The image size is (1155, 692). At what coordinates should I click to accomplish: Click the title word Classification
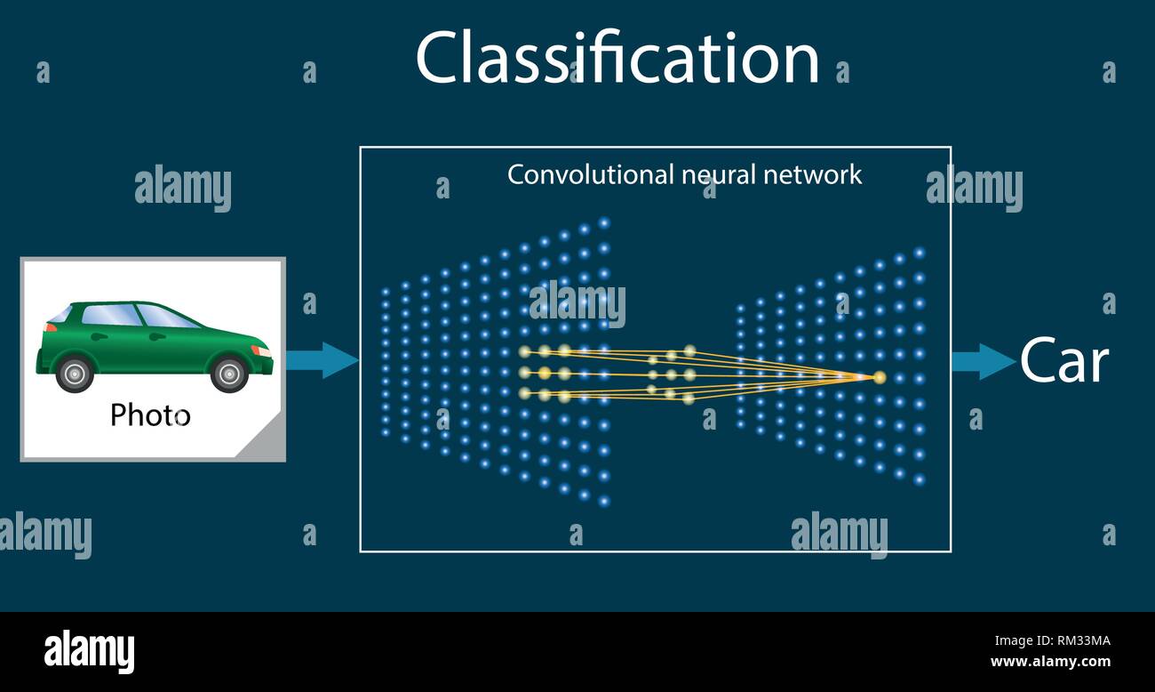[617, 59]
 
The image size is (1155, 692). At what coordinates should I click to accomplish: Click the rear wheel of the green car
[75, 373]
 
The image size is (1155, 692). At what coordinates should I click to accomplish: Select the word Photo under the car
[149, 414]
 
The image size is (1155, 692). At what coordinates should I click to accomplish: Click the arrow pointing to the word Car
[983, 361]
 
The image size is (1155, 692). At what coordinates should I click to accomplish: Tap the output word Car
[1063, 361]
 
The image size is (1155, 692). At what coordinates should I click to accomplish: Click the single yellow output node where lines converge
[880, 378]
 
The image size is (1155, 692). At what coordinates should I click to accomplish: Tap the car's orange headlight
[262, 350]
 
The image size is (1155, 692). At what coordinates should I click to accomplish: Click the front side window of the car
[164, 316]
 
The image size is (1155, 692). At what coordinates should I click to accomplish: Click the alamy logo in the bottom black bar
[89, 651]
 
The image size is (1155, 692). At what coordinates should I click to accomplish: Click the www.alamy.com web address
[1051, 662]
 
